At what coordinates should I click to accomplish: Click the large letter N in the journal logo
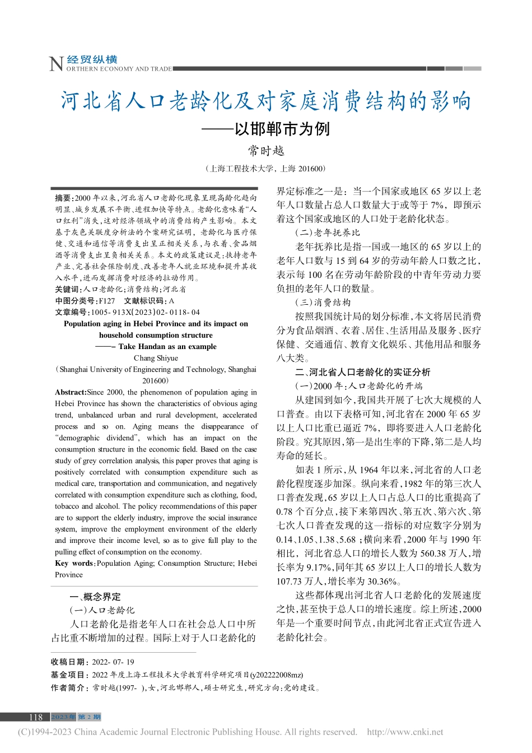[57, 64]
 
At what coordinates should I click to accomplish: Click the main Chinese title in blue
[266, 101]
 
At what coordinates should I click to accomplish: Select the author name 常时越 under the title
[267, 151]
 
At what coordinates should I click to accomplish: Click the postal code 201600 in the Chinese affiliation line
[311, 169]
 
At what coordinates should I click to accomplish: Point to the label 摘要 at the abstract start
[63, 198]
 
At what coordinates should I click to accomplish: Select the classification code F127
[106, 301]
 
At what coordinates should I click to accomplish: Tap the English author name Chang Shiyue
[156, 358]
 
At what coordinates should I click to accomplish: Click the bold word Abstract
[71, 392]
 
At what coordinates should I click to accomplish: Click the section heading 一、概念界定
[95, 597]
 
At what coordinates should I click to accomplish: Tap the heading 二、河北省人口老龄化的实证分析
[363, 372]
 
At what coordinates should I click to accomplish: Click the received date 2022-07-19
[113, 662]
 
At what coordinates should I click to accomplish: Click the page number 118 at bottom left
[36, 717]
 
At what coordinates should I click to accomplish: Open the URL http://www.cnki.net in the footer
[405, 732]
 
